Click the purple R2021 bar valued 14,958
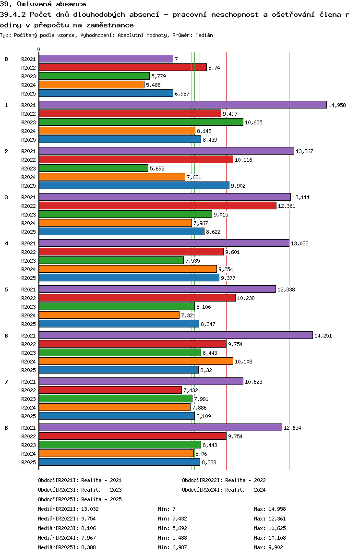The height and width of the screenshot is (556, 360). [182, 105]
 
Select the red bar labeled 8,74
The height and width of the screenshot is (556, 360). [122, 67]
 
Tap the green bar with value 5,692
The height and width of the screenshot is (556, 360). [93, 168]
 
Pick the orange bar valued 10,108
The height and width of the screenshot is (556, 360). [135, 361]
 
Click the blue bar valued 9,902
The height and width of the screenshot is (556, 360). [133, 185]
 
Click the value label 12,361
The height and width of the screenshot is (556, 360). [287, 206]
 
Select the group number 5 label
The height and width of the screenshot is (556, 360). [6, 290]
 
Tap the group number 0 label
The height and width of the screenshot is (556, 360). [6, 59]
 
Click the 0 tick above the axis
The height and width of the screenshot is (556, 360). [39, 50]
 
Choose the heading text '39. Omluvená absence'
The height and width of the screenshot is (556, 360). [43, 4]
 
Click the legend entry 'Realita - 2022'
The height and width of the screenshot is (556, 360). [245, 480]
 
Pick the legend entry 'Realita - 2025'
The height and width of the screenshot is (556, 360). [101, 499]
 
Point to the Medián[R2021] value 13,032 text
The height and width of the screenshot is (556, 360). [91, 509]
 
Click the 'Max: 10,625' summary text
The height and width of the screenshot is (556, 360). [270, 528]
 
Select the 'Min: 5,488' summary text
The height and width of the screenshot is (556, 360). [170, 538]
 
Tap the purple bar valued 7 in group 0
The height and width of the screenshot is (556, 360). [106, 59]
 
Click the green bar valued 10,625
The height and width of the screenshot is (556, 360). [141, 122]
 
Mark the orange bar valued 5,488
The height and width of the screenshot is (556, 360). [91, 85]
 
